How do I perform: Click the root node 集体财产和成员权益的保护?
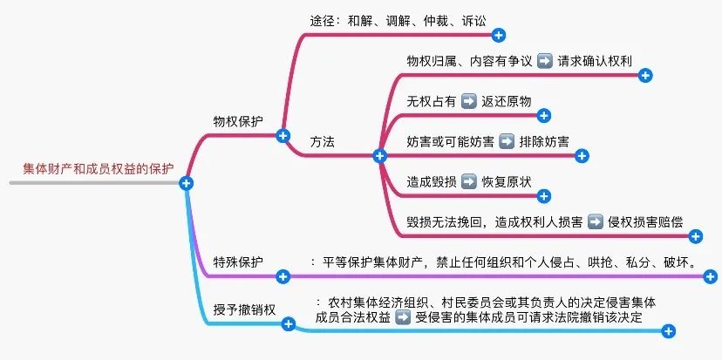point(98,168)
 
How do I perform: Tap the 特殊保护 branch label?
point(238,261)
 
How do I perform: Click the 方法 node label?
point(322,140)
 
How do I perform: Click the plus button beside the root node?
point(186,183)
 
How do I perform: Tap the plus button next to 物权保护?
point(283,135)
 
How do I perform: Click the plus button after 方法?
point(379,156)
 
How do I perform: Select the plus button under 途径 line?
point(499,35)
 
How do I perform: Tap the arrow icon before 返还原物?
point(469,101)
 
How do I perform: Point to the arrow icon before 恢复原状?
point(469,182)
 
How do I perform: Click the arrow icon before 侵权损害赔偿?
point(595,222)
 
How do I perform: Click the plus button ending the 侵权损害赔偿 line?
point(695,236)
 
